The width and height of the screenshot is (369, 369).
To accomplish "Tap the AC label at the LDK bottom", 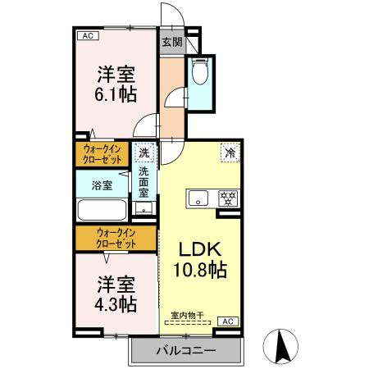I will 228,321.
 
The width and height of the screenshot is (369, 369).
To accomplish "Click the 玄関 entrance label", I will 171,43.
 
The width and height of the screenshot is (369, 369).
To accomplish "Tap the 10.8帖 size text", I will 200,268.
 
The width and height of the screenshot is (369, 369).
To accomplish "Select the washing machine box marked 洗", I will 144,153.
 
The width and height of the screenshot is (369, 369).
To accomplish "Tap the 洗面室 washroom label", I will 144,182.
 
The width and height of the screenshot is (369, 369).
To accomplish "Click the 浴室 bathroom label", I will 102,185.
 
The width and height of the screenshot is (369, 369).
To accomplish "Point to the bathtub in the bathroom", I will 102,209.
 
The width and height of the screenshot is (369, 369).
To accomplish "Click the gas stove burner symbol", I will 227,198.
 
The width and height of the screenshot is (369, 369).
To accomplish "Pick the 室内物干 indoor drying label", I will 187,315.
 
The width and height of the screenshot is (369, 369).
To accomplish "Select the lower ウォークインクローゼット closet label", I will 115,239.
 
